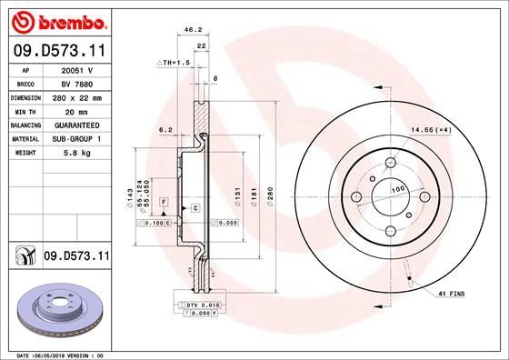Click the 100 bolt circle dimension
[397, 189]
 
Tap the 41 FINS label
[453, 294]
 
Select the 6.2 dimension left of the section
[165, 131]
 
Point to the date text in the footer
[64, 354]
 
